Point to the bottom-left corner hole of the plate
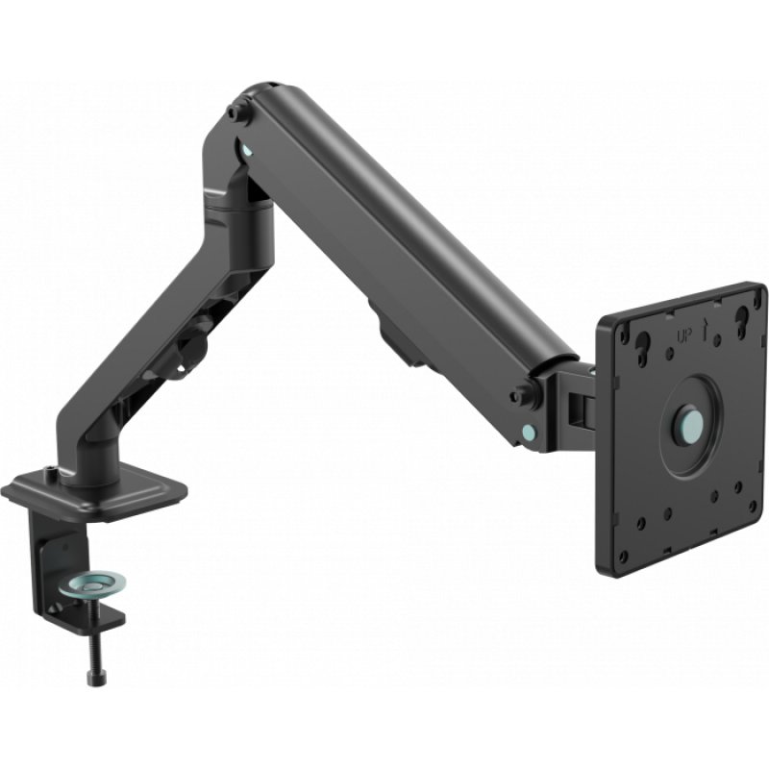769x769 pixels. coord(624,554)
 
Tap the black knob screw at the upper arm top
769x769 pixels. coord(234,112)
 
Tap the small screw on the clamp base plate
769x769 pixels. coord(48,472)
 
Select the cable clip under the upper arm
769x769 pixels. coord(396,339)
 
